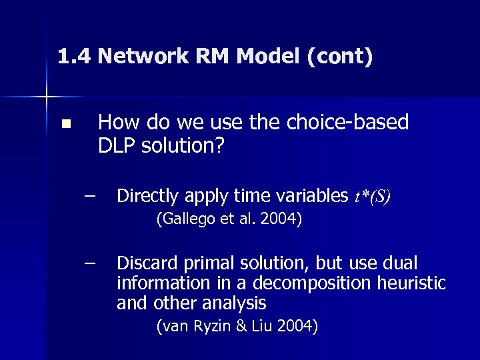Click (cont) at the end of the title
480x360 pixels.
click(x=339, y=56)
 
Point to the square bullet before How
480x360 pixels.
click(x=65, y=124)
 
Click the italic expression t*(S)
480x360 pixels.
click(x=372, y=197)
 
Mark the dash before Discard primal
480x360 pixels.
click(x=90, y=262)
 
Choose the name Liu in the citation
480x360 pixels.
click(x=263, y=326)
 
